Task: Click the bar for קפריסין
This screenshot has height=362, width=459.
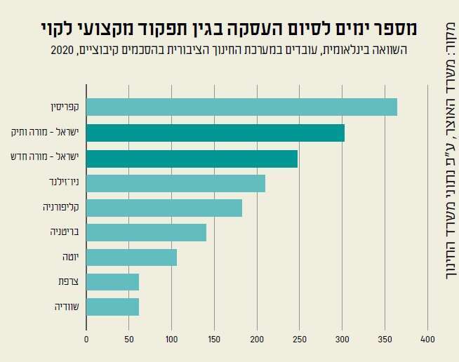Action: click(x=241, y=107)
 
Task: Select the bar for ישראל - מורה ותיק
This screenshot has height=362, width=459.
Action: click(x=215, y=133)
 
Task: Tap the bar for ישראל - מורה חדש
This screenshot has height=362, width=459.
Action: click(x=192, y=159)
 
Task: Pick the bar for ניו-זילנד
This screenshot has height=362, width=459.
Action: click(x=175, y=184)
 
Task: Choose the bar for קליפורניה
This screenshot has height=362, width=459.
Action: click(x=164, y=208)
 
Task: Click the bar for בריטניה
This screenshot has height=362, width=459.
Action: click(x=146, y=232)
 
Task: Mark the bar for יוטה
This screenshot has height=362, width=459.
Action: click(x=131, y=257)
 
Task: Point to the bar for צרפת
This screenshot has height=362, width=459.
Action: click(x=112, y=282)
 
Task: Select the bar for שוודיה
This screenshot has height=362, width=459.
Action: click(x=112, y=307)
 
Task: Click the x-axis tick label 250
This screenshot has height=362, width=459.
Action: click(x=300, y=339)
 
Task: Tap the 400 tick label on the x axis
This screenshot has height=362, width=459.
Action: click(x=427, y=339)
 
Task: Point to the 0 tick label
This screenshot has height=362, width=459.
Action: click(x=86, y=339)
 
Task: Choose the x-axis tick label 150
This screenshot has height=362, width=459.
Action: click(x=214, y=339)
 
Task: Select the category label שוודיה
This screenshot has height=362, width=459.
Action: click(x=67, y=307)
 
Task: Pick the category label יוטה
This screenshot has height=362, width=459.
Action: click(x=69, y=257)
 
